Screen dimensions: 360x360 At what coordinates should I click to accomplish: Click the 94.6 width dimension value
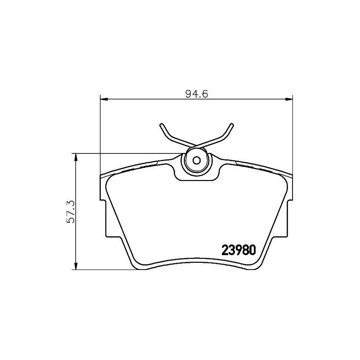[197, 94]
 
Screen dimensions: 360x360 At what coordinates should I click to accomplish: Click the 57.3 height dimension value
[71, 211]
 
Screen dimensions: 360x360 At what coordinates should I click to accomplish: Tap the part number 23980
[238, 250]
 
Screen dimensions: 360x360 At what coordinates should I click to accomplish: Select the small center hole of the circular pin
[196, 160]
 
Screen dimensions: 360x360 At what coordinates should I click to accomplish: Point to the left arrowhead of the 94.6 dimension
[104, 99]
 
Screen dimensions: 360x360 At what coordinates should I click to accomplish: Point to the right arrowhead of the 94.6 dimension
[289, 99]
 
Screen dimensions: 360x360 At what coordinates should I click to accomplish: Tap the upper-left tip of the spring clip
[161, 125]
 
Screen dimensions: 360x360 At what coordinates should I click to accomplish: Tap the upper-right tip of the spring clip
[232, 125]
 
